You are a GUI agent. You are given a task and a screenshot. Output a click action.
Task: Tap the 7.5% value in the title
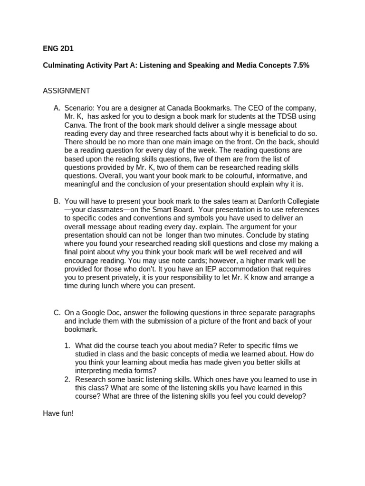tap(298, 65)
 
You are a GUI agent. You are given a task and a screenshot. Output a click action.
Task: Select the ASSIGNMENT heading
tap(67, 91)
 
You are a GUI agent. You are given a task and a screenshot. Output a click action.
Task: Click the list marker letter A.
tap(57, 109)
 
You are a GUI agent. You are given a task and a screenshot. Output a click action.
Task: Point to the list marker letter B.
tap(57, 201)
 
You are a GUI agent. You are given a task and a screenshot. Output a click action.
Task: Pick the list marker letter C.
tap(57, 312)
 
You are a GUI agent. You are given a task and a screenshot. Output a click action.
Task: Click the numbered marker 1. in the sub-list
tap(67, 346)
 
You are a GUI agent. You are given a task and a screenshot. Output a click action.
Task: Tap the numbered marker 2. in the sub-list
tap(67, 380)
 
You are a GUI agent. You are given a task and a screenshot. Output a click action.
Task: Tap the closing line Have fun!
tap(58, 413)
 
